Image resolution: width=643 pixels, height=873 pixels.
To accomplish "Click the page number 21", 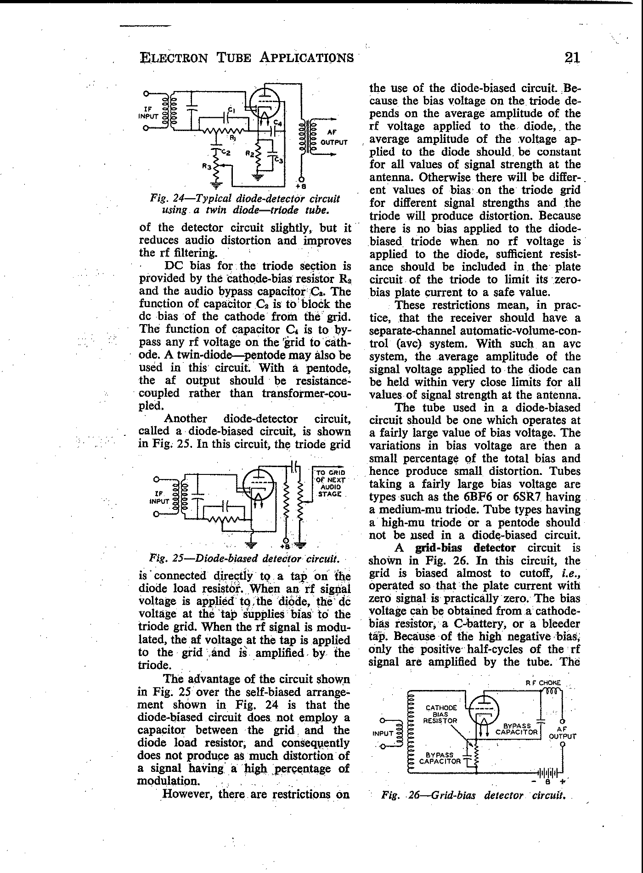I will click(x=572, y=58).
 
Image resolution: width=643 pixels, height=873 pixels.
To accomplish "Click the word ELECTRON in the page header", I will click(x=173, y=58).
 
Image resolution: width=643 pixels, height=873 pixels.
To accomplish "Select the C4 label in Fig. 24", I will click(x=278, y=123).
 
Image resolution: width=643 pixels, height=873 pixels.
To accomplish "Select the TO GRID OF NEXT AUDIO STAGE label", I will click(x=330, y=483).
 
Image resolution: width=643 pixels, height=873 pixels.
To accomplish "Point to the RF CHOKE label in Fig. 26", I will click(x=543, y=683).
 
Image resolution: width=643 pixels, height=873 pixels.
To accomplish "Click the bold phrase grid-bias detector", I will click(x=465, y=548).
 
